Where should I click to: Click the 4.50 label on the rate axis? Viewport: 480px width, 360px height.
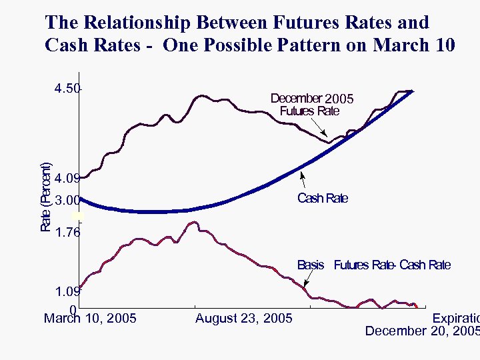point(67,89)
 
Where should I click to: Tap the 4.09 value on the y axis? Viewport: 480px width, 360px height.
point(67,179)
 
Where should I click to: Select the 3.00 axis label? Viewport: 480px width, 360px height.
point(67,200)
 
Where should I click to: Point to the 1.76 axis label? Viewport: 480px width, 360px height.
point(67,233)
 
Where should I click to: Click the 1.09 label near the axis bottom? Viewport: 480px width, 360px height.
point(67,291)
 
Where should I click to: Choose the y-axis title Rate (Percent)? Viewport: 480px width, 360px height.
point(46,197)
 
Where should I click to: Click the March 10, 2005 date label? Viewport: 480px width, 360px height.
point(90,319)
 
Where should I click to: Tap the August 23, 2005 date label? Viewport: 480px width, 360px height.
point(243,319)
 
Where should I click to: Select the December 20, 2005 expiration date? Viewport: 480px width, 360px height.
point(422,331)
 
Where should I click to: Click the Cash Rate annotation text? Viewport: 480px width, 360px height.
point(322,198)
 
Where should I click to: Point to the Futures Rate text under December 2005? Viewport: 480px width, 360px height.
point(309,111)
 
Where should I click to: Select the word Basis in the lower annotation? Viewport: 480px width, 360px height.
point(311,265)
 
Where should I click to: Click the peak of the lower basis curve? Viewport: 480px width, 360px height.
point(193,222)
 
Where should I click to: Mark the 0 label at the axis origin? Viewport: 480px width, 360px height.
point(73,309)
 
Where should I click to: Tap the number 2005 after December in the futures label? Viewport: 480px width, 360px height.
point(339,99)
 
